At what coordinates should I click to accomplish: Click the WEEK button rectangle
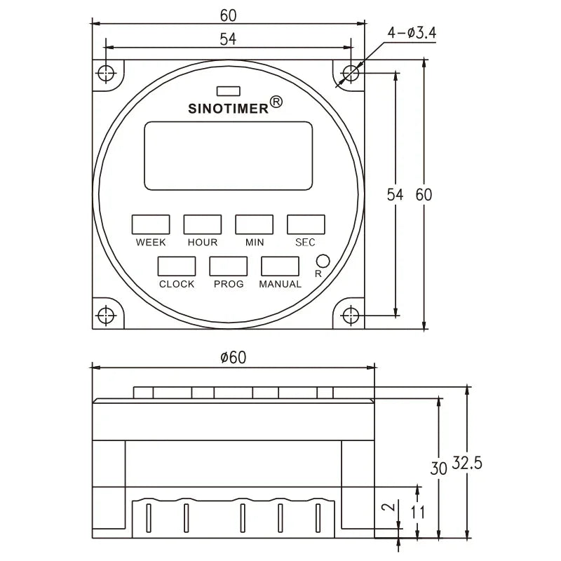pos(151,224)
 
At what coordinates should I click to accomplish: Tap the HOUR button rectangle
pos(203,224)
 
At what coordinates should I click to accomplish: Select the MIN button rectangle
pos(254,224)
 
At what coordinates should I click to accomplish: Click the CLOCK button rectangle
pos(176,266)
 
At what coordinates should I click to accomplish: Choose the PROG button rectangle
pos(229,266)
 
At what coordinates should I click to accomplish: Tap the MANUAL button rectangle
pos(280,266)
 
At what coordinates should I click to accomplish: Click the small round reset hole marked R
pos(323,259)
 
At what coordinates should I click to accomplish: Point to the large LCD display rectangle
pos(229,156)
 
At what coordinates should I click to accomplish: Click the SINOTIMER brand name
pos(229,109)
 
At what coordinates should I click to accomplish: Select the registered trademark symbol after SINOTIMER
pos(276,103)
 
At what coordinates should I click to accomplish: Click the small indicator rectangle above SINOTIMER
pos(229,90)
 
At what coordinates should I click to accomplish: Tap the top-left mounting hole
pos(105,73)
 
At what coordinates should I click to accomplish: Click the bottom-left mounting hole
pos(105,315)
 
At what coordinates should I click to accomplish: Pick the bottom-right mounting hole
pos(351,315)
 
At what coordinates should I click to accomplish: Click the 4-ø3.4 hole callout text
pos(413,33)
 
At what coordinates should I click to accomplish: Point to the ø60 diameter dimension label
pos(234,357)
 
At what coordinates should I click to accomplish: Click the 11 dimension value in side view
pos(419,511)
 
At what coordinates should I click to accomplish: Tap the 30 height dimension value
pos(438,468)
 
